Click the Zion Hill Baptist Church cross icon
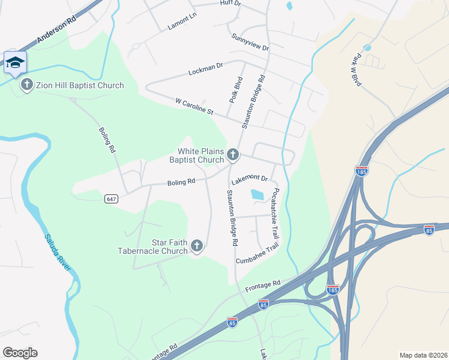pyautogui.click(x=26, y=85)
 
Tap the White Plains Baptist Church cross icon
pyautogui.click(x=233, y=156)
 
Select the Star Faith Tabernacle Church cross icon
pyautogui.click(x=197, y=246)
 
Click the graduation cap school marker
pyautogui.click(x=15, y=62)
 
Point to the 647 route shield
pyautogui.click(x=110, y=199)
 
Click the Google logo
pyautogui.click(x=20, y=352)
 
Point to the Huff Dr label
pyautogui.click(x=231, y=4)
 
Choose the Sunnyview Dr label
pyautogui.click(x=250, y=43)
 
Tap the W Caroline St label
pyautogui.click(x=194, y=107)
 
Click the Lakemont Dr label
pyautogui.click(x=249, y=178)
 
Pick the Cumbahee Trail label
pyautogui.click(x=258, y=256)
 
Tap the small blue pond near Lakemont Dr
pyautogui.click(x=257, y=194)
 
